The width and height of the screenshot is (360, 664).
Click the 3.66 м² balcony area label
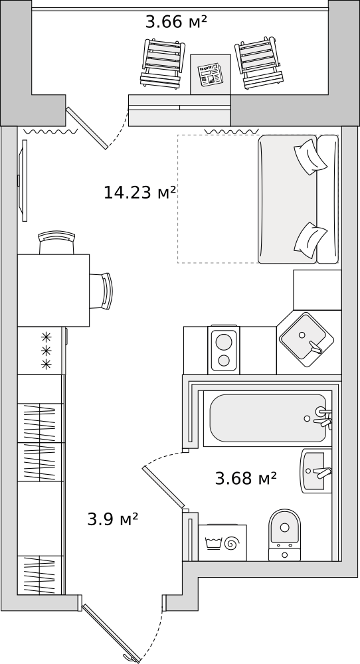coord(176,22)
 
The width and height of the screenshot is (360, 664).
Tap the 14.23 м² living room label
coord(139,193)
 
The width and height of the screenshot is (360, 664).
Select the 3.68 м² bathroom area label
coord(246,479)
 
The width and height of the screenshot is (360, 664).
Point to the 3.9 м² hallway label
coord(113,519)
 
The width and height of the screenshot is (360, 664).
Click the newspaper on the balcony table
coord(211,75)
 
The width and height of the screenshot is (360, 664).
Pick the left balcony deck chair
coord(163,64)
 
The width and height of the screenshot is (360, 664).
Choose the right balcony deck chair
coord(259,62)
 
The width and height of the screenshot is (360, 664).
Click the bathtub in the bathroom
coord(268,418)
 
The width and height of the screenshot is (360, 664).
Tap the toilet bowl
coord(284,535)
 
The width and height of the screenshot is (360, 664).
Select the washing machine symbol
coord(223,543)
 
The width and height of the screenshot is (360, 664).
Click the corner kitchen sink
coord(306,339)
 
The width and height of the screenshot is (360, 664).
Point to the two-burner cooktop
coord(224,350)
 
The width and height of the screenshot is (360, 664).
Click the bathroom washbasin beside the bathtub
coord(316,471)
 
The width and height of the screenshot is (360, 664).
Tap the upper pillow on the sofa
coord(310,157)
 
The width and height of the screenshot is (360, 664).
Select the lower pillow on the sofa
coord(310,239)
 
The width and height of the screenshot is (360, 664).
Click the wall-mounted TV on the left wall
coord(24,181)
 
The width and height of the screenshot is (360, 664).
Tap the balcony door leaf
coord(87,128)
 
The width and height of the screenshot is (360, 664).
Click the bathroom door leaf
coord(164,487)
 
